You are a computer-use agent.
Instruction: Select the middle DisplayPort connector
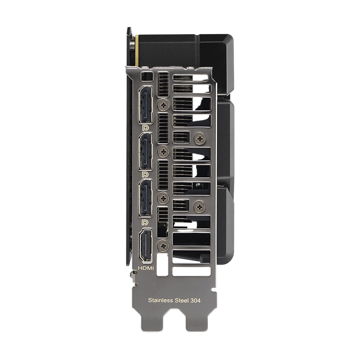[145, 151]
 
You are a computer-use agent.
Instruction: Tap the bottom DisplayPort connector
[145, 198]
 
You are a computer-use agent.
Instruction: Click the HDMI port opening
[145, 246]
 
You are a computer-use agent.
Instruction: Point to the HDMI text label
[146, 268]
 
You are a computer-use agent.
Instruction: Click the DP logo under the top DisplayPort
[145, 128]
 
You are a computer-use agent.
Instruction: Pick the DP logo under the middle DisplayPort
[145, 175]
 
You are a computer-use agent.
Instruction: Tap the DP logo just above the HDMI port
[145, 222]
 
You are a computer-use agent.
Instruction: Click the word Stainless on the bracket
[161, 300]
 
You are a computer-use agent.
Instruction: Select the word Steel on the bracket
[182, 300]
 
